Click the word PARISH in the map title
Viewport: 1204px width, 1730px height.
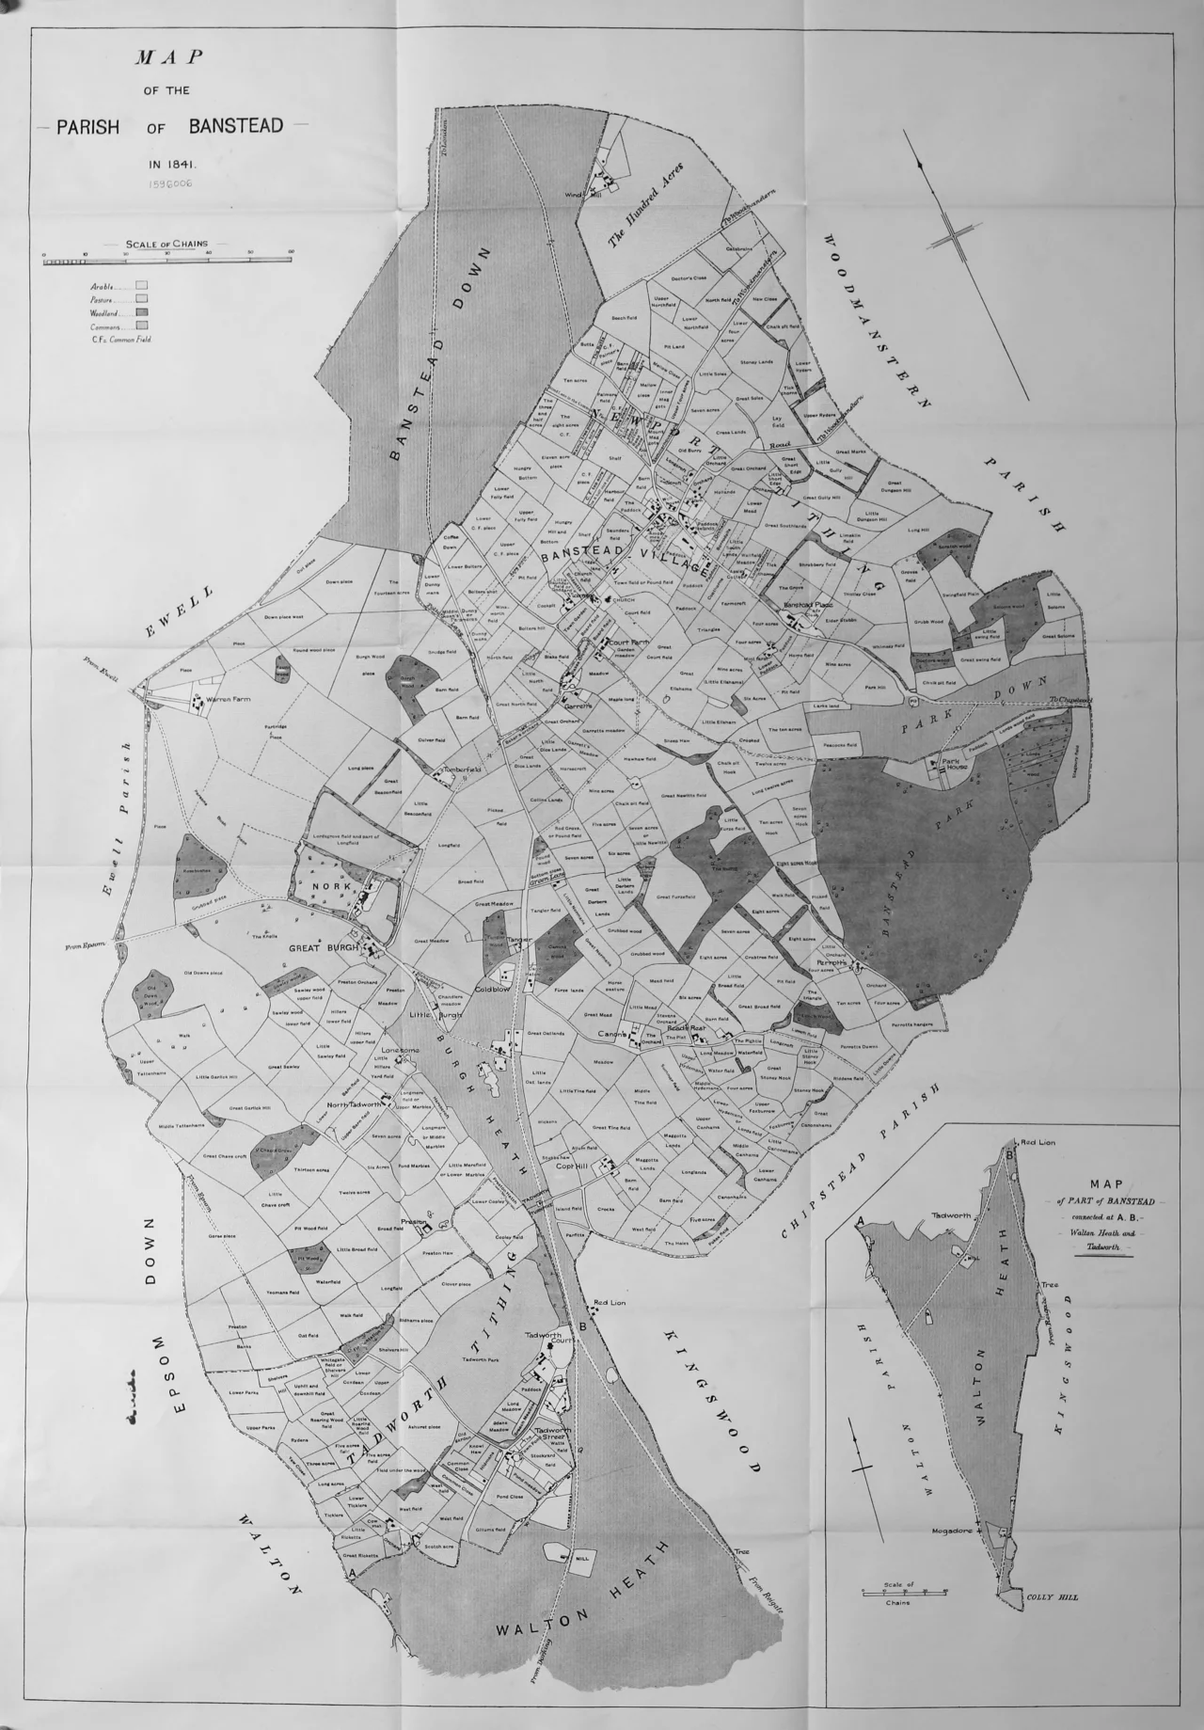point(87,127)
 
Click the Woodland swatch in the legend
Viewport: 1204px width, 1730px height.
point(141,311)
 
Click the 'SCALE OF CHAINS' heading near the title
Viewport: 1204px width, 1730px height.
point(166,244)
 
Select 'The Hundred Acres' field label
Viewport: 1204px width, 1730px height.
point(644,205)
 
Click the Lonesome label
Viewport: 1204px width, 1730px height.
point(400,1050)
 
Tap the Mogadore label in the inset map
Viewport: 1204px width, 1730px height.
point(951,1532)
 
